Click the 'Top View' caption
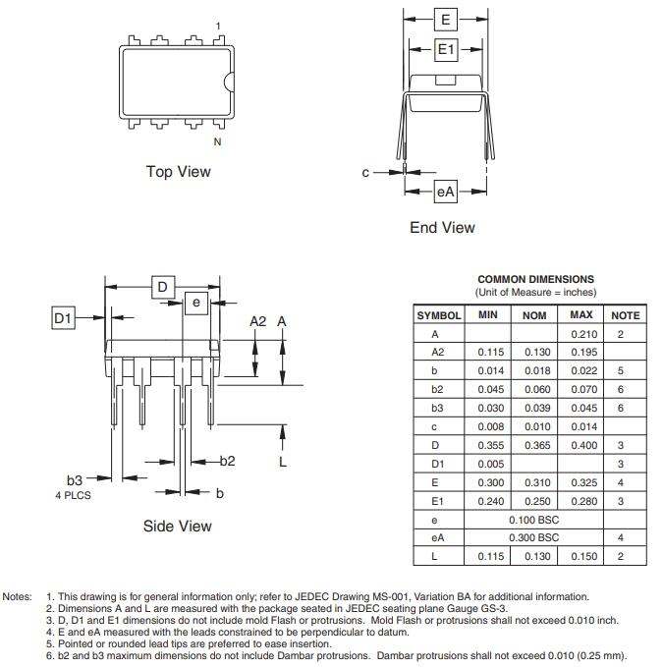(178, 172)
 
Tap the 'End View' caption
(442, 228)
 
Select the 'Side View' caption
(177, 527)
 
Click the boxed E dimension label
(446, 19)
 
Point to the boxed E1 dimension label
(446, 49)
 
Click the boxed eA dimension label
(446, 193)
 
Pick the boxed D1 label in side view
(64, 317)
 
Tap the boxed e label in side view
(196, 303)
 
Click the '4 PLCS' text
(73, 495)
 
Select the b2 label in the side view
(227, 461)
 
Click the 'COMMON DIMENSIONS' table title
(535, 280)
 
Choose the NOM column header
(534, 315)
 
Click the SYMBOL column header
(439, 315)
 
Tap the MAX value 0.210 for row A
(582, 334)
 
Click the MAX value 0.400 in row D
(582, 445)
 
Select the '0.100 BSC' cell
(533, 520)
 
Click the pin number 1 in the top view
(218, 26)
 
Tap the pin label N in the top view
(218, 141)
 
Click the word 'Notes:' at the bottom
(18, 596)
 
